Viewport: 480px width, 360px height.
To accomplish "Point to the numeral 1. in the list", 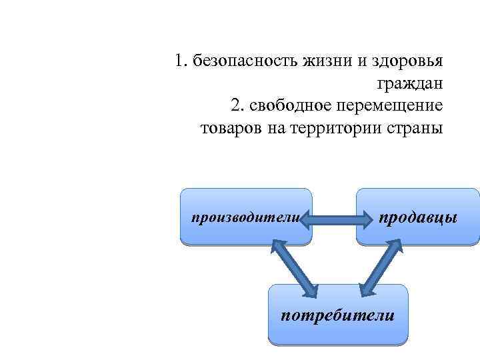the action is (181, 62).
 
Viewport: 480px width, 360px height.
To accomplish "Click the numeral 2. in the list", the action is (237, 105).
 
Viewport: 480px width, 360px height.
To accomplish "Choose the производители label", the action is (244, 217).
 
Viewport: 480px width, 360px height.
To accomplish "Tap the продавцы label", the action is (418, 217).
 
